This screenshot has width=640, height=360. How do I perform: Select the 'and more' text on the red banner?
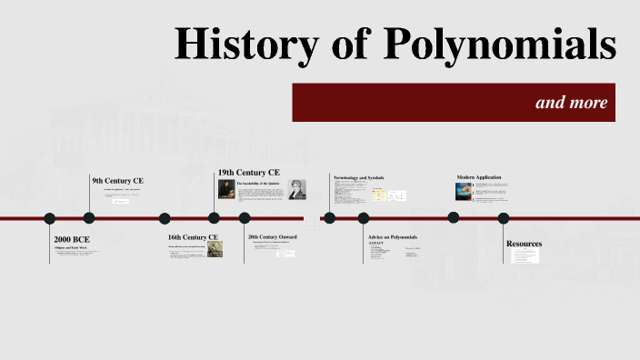pyautogui.click(x=571, y=102)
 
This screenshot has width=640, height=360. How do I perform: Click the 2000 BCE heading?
pyautogui.click(x=72, y=239)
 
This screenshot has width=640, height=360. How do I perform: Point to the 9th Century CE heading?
pyautogui.click(x=117, y=181)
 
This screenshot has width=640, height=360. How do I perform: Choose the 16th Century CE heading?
pyautogui.click(x=193, y=238)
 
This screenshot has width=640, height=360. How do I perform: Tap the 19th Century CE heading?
pyautogui.click(x=248, y=172)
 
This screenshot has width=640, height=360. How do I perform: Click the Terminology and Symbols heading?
pyautogui.click(x=359, y=177)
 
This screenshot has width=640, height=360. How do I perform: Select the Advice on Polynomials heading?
pyautogui.click(x=392, y=237)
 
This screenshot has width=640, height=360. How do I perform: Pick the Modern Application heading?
pyautogui.click(x=479, y=177)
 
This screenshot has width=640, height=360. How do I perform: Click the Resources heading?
pyautogui.click(x=524, y=244)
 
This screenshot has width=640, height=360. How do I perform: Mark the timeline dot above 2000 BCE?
pyautogui.click(x=50, y=218)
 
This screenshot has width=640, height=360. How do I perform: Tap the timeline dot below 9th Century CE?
pyautogui.click(x=89, y=218)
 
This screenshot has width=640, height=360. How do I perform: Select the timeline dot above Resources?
pyautogui.click(x=504, y=218)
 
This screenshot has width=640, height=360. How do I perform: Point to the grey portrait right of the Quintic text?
pyautogui.click(x=297, y=189)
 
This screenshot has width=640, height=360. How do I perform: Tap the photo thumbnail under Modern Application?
pyautogui.click(x=464, y=192)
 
